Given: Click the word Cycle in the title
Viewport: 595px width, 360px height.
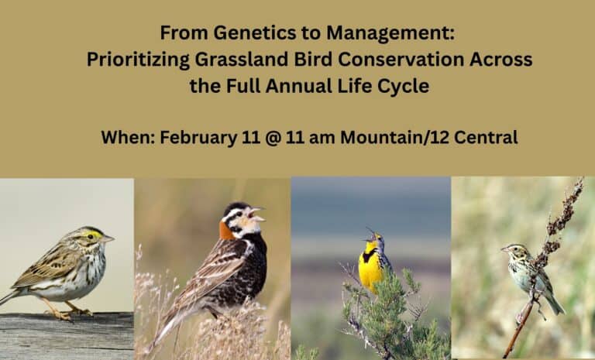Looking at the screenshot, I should tap(406, 86).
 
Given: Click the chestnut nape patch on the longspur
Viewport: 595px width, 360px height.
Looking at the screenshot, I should tap(225, 230).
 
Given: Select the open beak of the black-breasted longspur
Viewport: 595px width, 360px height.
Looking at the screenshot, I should tap(257, 211).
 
